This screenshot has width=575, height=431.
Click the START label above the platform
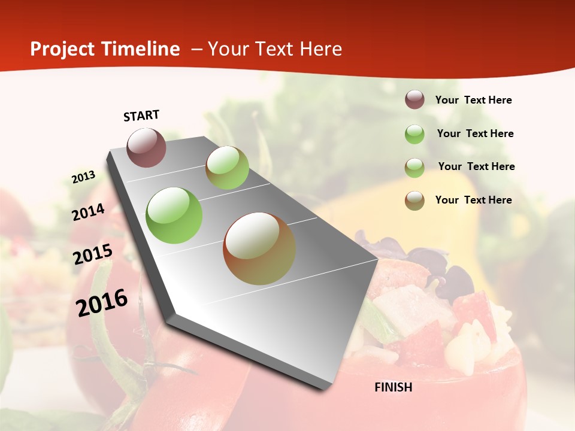(x=141, y=116)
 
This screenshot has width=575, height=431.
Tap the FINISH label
(x=394, y=387)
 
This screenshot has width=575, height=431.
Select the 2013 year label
(x=84, y=177)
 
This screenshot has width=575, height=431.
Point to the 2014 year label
(x=89, y=213)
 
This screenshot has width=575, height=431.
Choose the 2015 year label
(x=93, y=254)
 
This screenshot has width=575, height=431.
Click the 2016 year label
(x=102, y=302)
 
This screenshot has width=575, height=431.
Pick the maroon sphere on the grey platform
(x=146, y=147)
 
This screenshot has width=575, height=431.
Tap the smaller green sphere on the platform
(x=227, y=168)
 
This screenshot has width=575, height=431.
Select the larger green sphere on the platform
(x=174, y=215)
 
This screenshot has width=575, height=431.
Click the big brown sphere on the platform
(x=259, y=248)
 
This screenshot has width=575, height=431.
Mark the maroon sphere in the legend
(x=414, y=99)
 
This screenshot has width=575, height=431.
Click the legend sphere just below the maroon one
(x=414, y=134)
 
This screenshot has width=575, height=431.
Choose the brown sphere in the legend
(x=414, y=201)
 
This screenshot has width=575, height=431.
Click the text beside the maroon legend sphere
(x=473, y=101)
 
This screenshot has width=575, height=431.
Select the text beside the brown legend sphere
(x=473, y=200)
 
